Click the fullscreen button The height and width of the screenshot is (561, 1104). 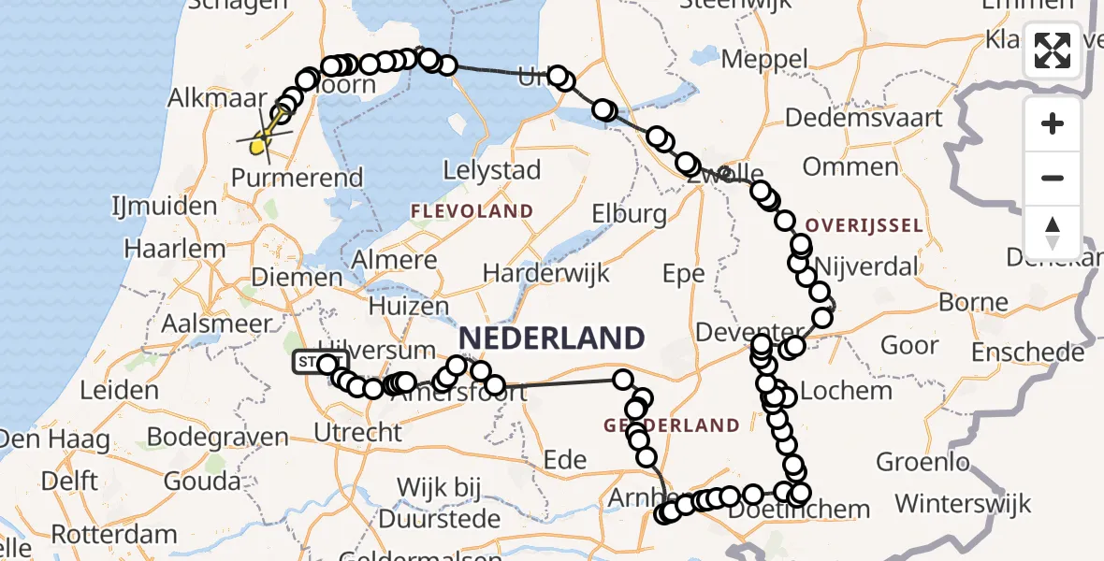(x=1053, y=50)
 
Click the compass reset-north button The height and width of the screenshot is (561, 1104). (x=1053, y=233)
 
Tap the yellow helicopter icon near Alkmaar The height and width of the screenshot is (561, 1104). (x=261, y=142)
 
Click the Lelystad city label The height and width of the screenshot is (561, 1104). (x=493, y=170)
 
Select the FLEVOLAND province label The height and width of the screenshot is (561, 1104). (x=472, y=211)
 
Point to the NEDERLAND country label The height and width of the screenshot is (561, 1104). (x=551, y=338)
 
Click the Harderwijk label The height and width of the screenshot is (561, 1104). (x=546, y=273)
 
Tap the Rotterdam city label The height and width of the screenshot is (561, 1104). (x=114, y=536)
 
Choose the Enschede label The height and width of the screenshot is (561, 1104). (x=1027, y=352)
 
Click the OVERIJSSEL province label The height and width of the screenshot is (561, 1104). (x=864, y=225)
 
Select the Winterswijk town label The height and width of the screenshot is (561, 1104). (x=963, y=504)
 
